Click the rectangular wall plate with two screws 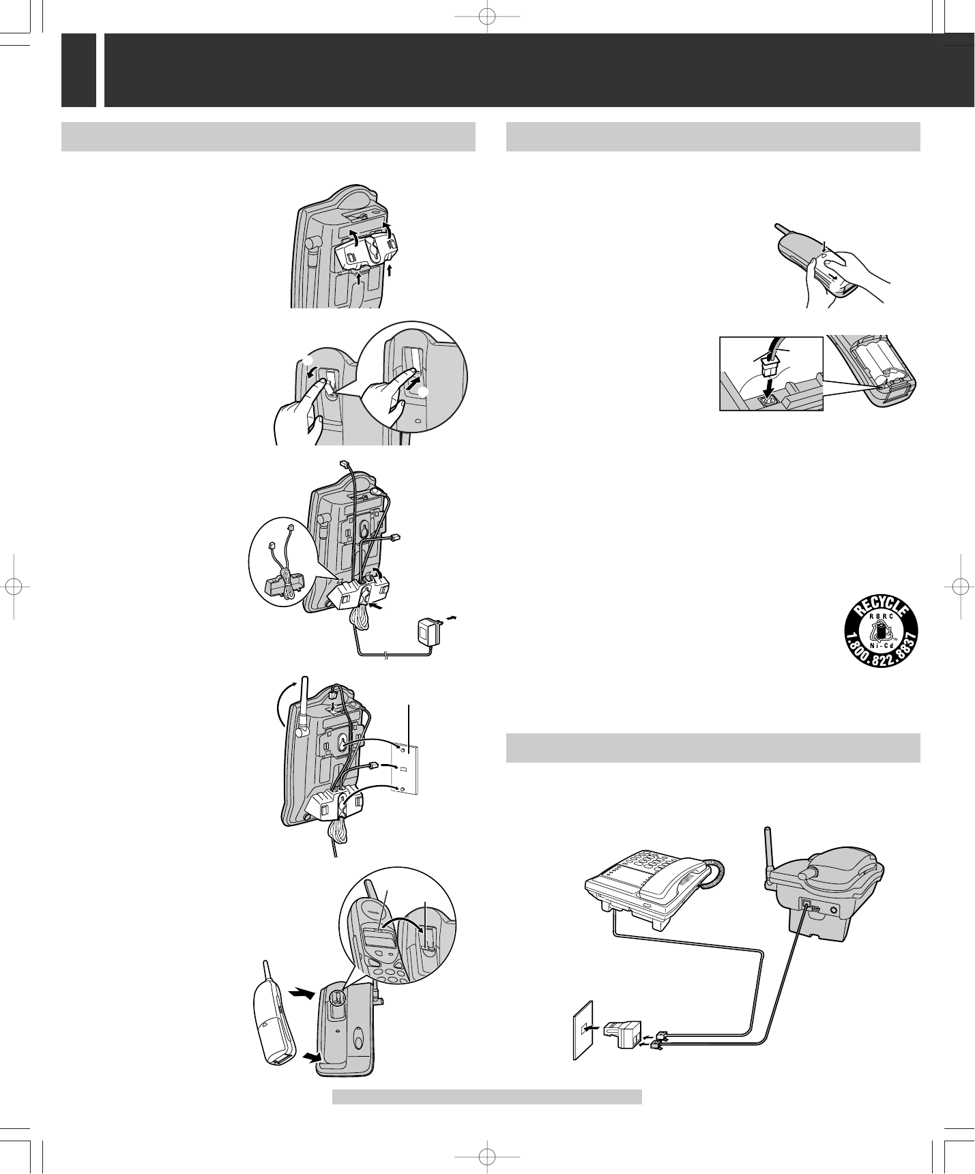pyautogui.click(x=408, y=768)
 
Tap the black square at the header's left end pyautogui.click(x=78, y=70)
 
